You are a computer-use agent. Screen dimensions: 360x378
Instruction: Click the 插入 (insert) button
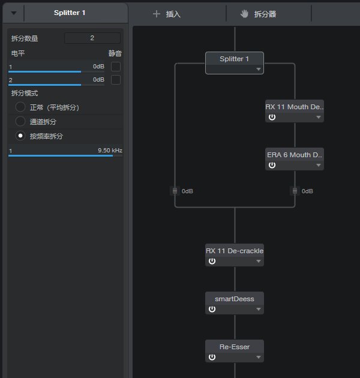pyautogui.click(x=167, y=14)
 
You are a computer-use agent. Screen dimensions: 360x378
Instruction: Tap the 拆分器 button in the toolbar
pyautogui.click(x=258, y=14)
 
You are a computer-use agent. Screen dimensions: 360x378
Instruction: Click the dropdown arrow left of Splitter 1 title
pyautogui.click(x=14, y=13)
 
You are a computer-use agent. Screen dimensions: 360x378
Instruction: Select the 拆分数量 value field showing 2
pyautogui.click(x=92, y=38)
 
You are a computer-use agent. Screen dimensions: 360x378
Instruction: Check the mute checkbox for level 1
pyautogui.click(x=116, y=67)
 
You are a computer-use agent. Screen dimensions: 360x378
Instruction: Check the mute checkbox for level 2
pyautogui.click(x=116, y=80)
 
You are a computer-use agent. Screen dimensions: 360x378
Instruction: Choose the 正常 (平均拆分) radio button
pyautogui.click(x=20, y=107)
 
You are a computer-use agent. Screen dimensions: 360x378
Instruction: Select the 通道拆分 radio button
pyautogui.click(x=20, y=121)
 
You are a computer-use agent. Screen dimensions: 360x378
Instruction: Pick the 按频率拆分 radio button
pyautogui.click(x=20, y=136)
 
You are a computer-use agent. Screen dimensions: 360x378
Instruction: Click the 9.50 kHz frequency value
pyautogui.click(x=110, y=151)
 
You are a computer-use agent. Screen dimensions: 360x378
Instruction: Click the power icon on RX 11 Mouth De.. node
pyautogui.click(x=272, y=117)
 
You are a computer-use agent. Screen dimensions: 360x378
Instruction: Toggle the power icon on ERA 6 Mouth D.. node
pyautogui.click(x=272, y=165)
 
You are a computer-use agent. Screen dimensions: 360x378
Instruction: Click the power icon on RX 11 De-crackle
pyautogui.click(x=212, y=261)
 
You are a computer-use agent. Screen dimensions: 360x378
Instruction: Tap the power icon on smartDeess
pyautogui.click(x=212, y=309)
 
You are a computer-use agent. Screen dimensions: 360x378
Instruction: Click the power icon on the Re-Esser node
pyautogui.click(x=212, y=357)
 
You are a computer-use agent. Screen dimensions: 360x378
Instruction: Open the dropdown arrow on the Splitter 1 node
pyautogui.click(x=259, y=70)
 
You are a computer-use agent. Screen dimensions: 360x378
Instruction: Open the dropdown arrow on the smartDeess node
pyautogui.click(x=259, y=309)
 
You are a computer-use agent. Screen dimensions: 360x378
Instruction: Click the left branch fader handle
pyautogui.click(x=175, y=191)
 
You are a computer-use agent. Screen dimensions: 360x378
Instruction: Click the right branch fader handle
pyautogui.click(x=295, y=191)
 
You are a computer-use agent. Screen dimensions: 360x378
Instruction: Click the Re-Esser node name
pyautogui.click(x=235, y=347)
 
